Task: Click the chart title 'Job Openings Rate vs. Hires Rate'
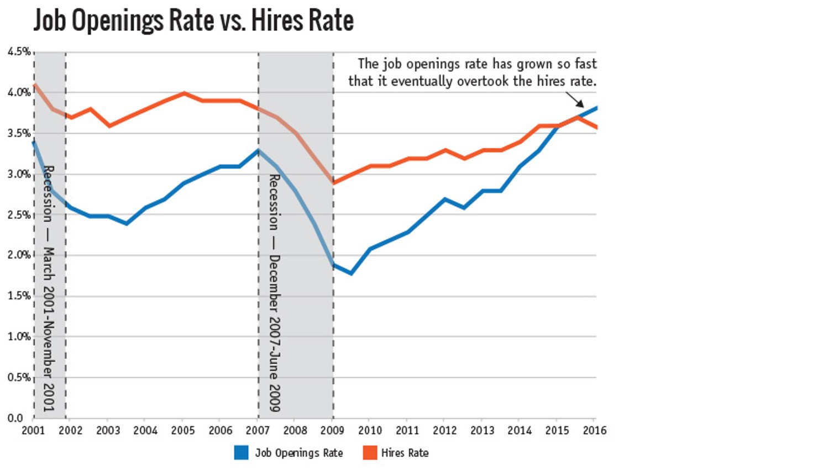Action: [193, 21]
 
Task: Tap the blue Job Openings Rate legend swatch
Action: [241, 453]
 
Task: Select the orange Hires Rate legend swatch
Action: [370, 453]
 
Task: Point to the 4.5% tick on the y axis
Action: [19, 52]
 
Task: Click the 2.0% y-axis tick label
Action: [19, 255]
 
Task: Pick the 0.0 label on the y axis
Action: [15, 418]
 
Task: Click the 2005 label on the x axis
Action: [183, 430]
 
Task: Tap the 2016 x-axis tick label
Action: [595, 430]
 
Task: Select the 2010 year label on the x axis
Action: [370, 430]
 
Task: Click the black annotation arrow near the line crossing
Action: [575, 100]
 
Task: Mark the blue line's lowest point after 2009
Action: [351, 273]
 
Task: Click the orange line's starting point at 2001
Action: [34, 85]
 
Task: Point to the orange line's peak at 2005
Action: [184, 93]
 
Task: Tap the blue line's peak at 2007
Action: [258, 150]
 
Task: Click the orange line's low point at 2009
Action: [333, 182]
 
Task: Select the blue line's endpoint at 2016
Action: [596, 108]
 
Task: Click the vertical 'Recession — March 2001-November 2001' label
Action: [49, 287]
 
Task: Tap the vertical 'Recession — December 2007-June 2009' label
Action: [274, 293]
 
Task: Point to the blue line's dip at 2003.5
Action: [127, 223]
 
